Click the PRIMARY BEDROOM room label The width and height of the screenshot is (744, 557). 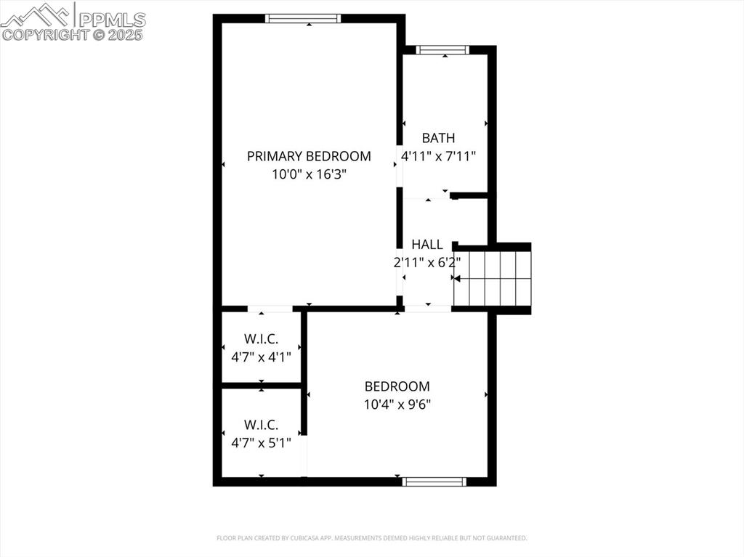pyautogui.click(x=309, y=156)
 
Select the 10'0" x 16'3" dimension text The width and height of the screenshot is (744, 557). pyautogui.click(x=309, y=174)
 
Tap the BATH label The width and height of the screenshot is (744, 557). pyautogui.click(x=439, y=138)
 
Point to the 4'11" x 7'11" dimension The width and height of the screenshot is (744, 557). pyautogui.click(x=439, y=155)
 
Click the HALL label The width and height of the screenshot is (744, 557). pyautogui.click(x=427, y=245)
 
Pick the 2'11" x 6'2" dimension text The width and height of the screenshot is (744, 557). pyautogui.click(x=427, y=263)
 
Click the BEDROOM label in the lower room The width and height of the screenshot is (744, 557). pyautogui.click(x=397, y=387)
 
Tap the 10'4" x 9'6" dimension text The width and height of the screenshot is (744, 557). pyautogui.click(x=397, y=405)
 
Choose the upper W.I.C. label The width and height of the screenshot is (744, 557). pyautogui.click(x=261, y=339)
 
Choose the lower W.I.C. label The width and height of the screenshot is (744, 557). pyautogui.click(x=261, y=425)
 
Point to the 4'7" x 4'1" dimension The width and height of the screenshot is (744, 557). pyautogui.click(x=261, y=357)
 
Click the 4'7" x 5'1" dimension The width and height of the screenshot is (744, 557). pyautogui.click(x=261, y=442)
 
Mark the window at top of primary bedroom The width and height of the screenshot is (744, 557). pyautogui.click(x=303, y=19)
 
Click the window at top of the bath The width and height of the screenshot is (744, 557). pyautogui.click(x=442, y=50)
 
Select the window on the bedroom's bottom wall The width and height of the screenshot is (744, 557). pyautogui.click(x=434, y=481)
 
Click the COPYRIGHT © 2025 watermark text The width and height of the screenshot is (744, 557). pyautogui.click(x=73, y=34)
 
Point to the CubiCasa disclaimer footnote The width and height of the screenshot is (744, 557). pyautogui.click(x=372, y=538)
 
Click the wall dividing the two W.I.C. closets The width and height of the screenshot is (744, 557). pyautogui.click(x=261, y=385)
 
